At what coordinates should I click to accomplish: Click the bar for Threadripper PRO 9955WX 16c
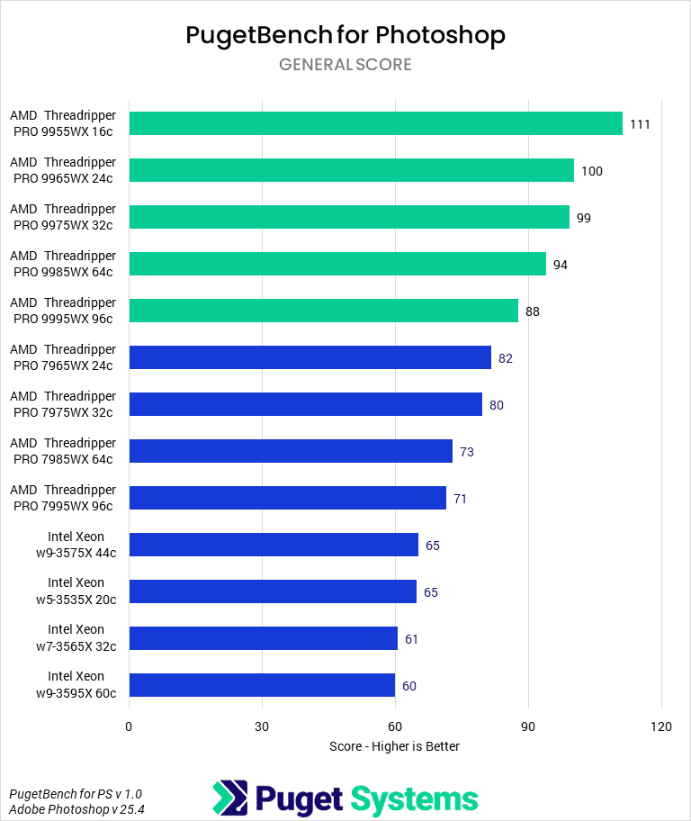[375, 123]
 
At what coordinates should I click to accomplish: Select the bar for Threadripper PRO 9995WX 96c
[324, 311]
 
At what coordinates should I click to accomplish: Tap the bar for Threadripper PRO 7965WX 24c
[310, 357]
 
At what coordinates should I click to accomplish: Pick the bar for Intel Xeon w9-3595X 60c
[262, 685]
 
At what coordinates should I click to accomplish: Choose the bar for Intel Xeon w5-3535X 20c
[273, 591]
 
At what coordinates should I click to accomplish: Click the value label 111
[640, 124]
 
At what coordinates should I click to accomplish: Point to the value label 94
[561, 265]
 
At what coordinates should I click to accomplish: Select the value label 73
[467, 452]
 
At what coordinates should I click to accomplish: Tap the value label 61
[412, 639]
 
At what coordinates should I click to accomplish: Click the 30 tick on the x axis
[262, 726]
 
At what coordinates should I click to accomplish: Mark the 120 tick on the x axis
[661, 726]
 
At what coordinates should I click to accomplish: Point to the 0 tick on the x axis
[129, 726]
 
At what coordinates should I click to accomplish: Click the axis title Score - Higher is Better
[394, 746]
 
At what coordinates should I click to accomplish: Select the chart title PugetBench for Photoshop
[345, 35]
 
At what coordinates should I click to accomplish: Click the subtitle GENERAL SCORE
[345, 65]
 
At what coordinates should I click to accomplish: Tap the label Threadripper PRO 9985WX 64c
[63, 264]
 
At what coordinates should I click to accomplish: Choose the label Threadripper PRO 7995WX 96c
[63, 498]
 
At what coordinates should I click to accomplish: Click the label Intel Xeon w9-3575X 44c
[76, 545]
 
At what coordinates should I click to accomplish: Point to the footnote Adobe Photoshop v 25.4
[76, 809]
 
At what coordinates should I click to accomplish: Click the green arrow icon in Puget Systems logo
[229, 798]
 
